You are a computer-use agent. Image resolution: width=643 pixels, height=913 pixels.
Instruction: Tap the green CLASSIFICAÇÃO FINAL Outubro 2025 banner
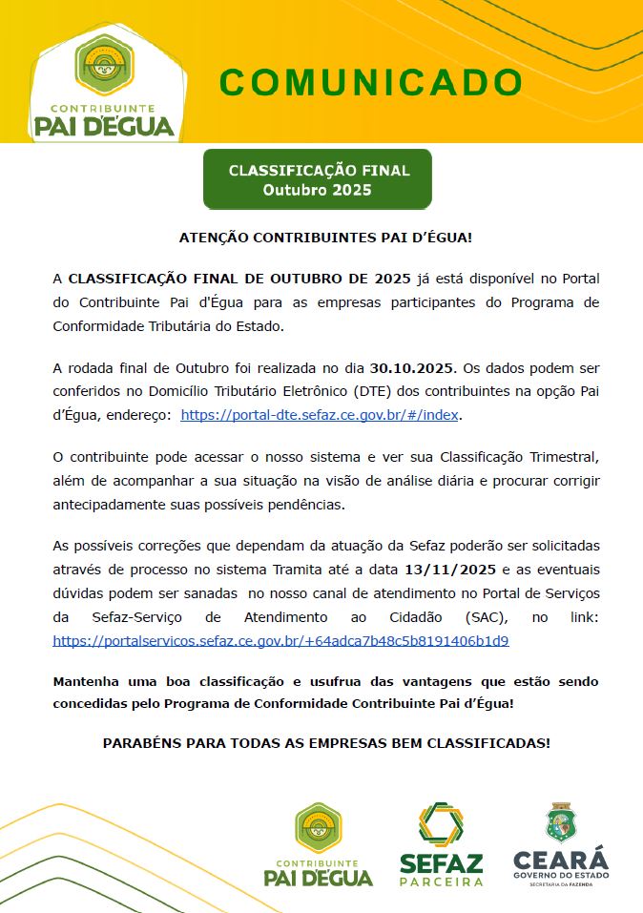point(319,180)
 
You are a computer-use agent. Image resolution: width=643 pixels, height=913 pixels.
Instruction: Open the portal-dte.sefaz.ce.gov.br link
point(321,415)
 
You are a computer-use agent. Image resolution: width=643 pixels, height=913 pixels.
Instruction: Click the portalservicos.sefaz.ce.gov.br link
point(280,640)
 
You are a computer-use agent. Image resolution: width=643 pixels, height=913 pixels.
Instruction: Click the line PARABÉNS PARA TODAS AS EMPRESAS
point(325,742)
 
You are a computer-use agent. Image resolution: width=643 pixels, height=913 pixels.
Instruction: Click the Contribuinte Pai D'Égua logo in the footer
point(318,844)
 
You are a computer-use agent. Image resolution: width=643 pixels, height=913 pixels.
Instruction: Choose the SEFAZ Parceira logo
point(440,844)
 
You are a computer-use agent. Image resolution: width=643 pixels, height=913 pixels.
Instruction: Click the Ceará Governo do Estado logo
point(560,845)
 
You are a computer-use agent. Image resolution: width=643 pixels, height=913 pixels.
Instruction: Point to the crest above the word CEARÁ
point(560,821)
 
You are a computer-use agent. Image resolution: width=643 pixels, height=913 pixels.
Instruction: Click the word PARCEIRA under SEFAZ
point(440,882)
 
